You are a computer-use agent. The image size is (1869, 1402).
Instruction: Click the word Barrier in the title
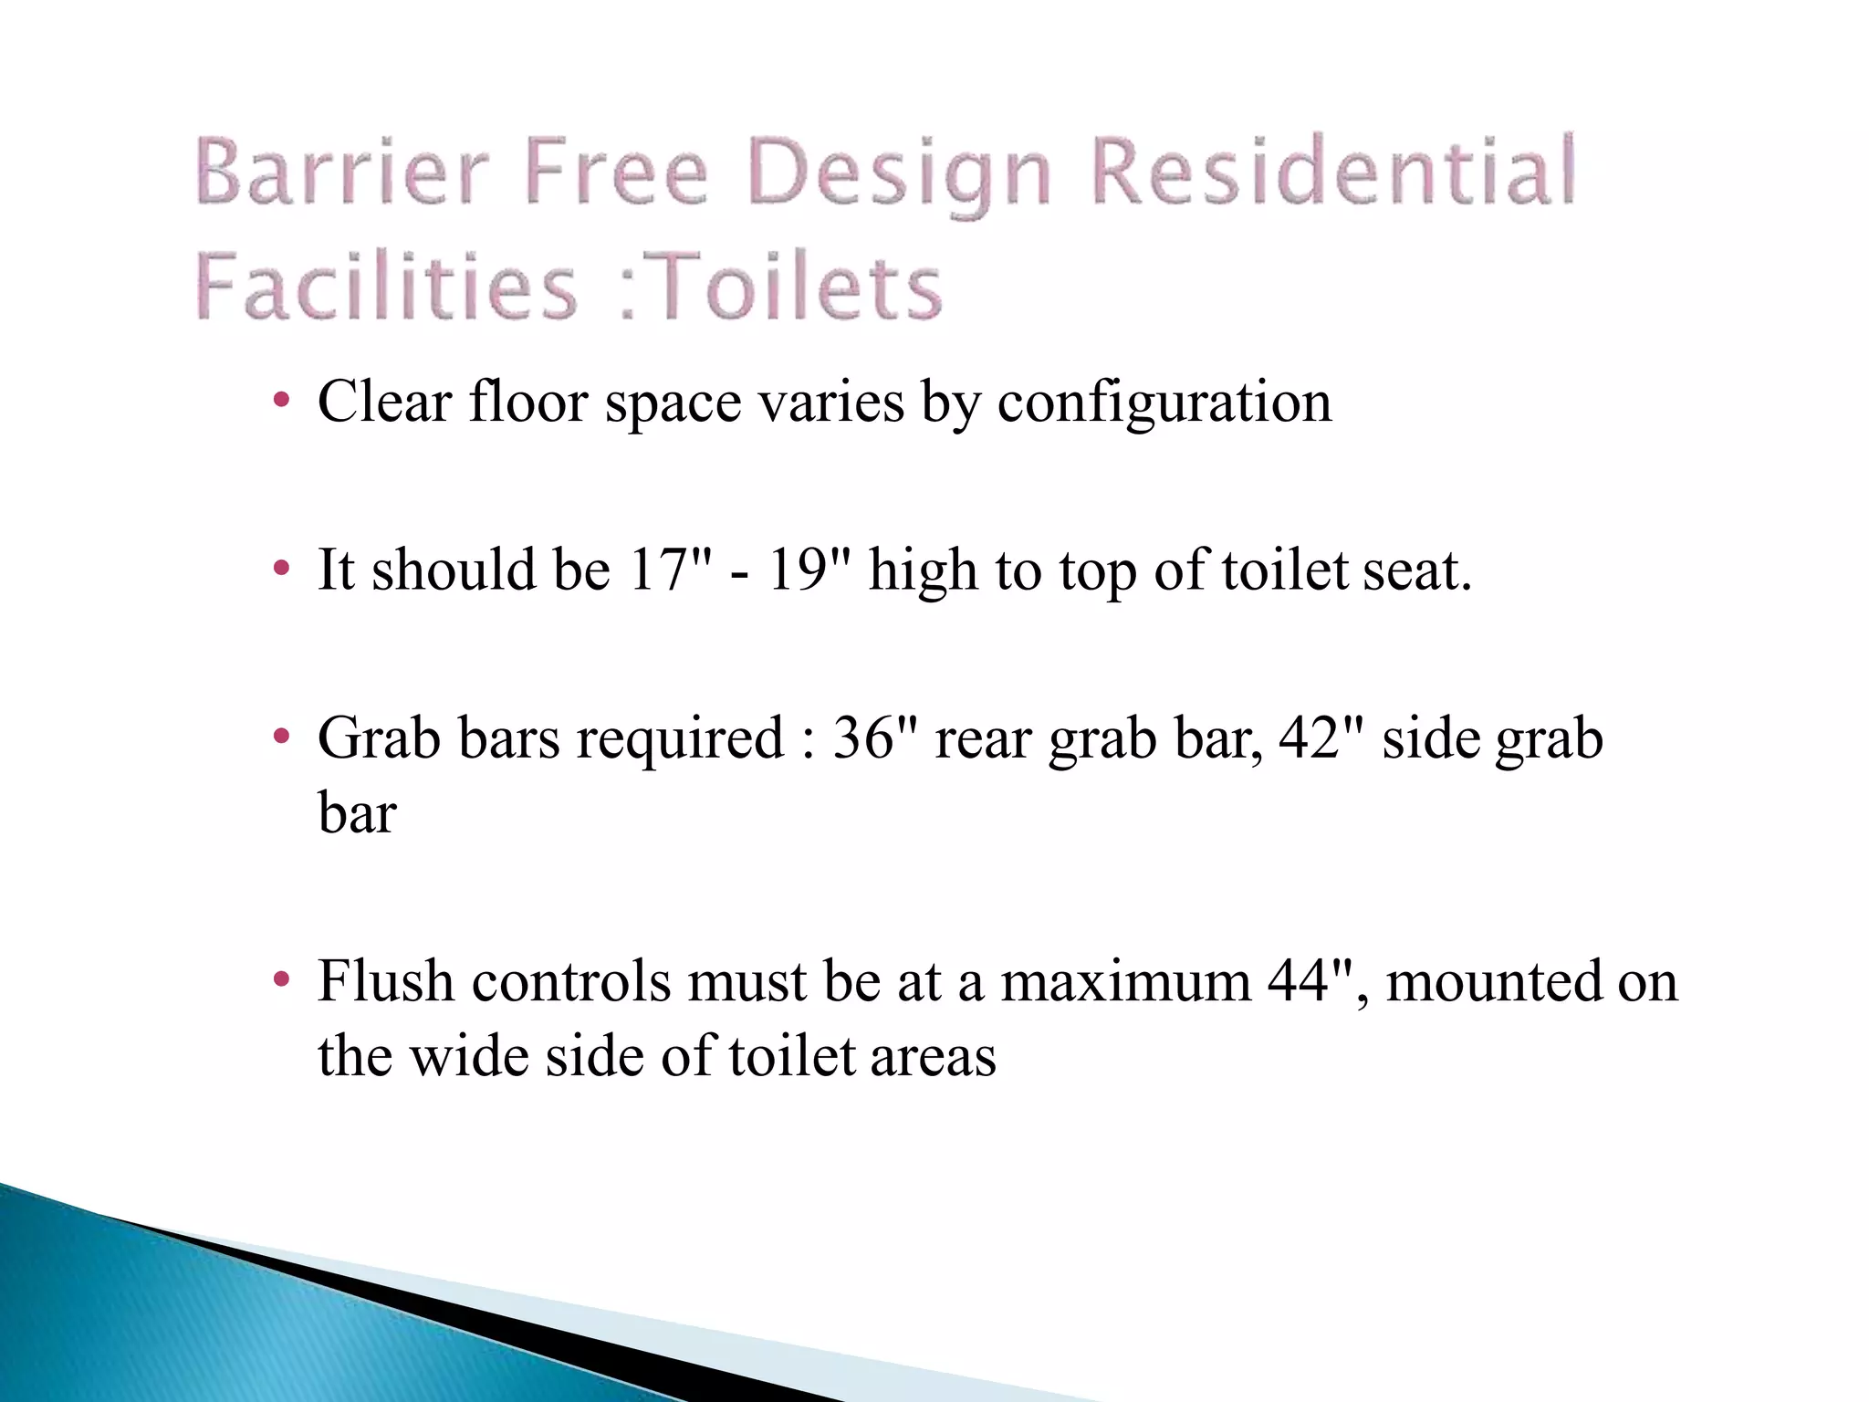(x=342, y=172)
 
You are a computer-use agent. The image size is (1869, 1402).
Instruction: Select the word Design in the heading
(x=898, y=173)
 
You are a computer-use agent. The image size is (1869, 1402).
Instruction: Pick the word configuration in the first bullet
(x=1164, y=402)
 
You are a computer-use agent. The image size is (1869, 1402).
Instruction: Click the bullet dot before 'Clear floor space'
(x=282, y=400)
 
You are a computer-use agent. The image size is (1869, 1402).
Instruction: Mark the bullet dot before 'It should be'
(x=282, y=569)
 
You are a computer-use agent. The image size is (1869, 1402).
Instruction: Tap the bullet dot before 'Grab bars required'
(x=282, y=736)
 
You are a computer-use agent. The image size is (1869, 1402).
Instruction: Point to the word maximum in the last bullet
(x=1125, y=981)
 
